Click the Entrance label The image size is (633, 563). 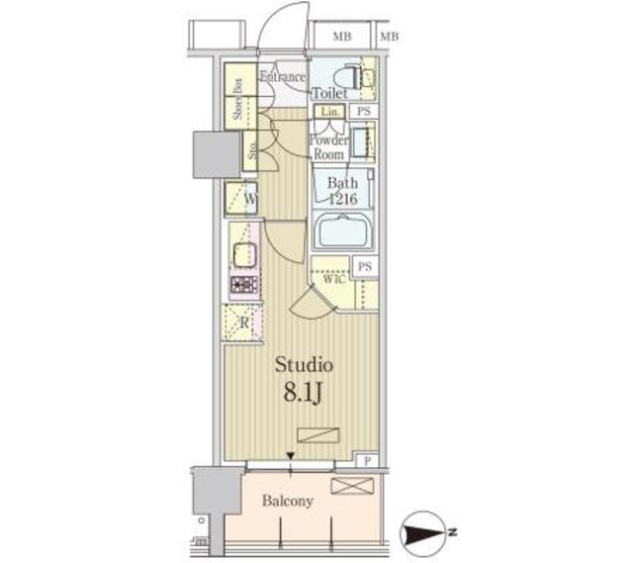[x=283, y=77]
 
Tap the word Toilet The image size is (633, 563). [x=330, y=94]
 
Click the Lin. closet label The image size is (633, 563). [x=327, y=112]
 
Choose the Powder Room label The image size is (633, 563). [x=328, y=147]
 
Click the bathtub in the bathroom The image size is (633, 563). [x=342, y=235]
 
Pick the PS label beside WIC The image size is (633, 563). [x=365, y=266]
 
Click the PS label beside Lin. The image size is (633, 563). [x=364, y=112]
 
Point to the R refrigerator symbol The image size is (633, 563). [x=242, y=323]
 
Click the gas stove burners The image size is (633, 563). [x=244, y=285]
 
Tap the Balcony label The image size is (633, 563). [x=287, y=501]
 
